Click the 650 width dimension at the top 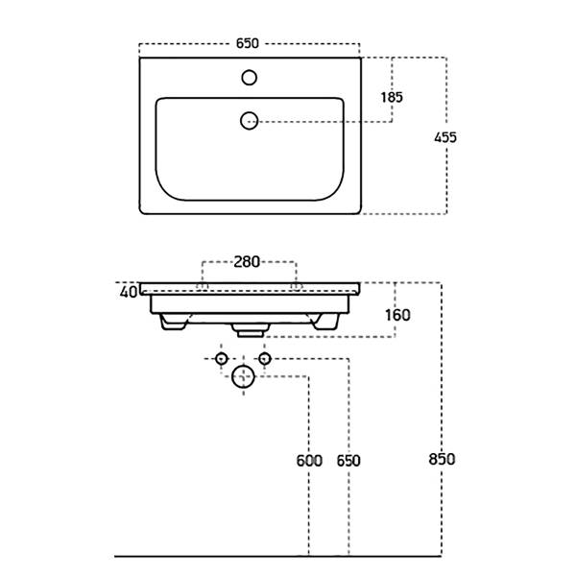[x=249, y=43]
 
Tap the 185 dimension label [x=391, y=97]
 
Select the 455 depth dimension [x=444, y=137]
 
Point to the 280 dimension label [x=249, y=261]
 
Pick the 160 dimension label [x=397, y=315]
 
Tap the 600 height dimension [x=309, y=461]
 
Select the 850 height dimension [x=442, y=459]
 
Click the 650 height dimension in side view [x=348, y=461]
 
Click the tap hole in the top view [x=250, y=76]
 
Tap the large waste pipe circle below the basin [x=244, y=377]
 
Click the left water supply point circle [x=222, y=360]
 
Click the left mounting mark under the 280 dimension [x=202, y=286]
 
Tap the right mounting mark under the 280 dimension [x=297, y=286]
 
